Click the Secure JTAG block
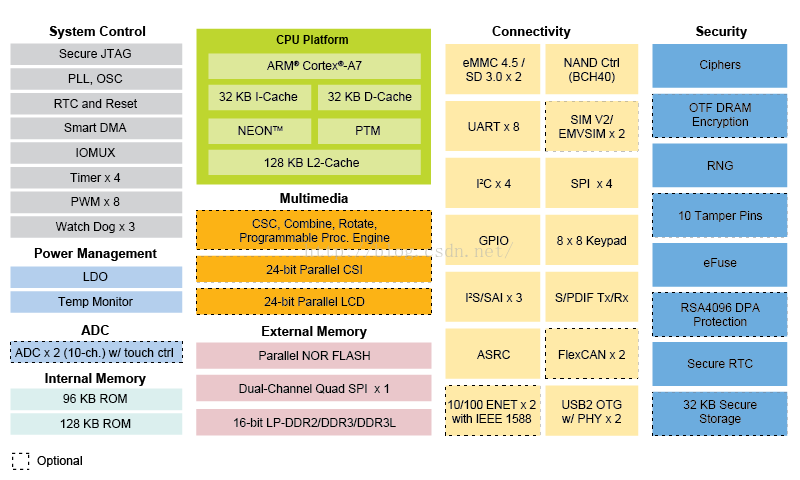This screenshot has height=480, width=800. point(96,54)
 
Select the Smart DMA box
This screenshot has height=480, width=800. point(96,128)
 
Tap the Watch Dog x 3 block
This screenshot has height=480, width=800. point(96,226)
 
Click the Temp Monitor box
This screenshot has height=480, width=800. point(96,301)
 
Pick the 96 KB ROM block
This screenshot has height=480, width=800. point(96,398)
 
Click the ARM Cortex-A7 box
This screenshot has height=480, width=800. point(314,66)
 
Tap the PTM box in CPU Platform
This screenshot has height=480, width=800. point(368,131)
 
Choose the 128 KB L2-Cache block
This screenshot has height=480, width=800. point(314,163)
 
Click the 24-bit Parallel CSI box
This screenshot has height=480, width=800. point(314,269)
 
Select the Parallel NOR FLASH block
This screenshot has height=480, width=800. point(314,356)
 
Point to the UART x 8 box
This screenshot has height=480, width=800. point(493,127)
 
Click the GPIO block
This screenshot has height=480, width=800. point(493,241)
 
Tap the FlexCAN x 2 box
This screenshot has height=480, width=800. point(590,355)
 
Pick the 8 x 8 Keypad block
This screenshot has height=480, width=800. point(590,241)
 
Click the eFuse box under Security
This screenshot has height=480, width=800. point(719,263)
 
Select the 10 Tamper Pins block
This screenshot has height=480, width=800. point(719,216)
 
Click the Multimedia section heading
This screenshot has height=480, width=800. point(314,200)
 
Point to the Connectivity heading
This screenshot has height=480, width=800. point(531,32)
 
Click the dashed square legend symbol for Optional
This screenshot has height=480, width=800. point(21,461)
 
